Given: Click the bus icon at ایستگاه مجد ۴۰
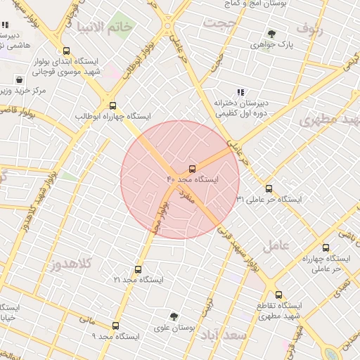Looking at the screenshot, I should pos(192,169).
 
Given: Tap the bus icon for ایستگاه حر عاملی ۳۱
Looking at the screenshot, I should pos(269,188).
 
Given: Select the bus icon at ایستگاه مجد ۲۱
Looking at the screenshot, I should pos(137,269).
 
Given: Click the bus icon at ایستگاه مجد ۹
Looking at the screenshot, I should pos(116,326).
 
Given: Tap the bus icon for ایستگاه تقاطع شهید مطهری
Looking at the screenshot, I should pos(279,295).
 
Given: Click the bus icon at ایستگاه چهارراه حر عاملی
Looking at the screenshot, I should pos(326,247).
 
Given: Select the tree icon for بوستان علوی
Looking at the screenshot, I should pos(174,316).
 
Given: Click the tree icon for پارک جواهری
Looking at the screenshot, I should pos(271,33).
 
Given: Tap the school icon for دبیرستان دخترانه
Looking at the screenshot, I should pos(240,92).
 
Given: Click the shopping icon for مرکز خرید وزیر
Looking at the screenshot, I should pos(18,79).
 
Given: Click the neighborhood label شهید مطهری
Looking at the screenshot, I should pos(328,120).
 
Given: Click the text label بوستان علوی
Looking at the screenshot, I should pos(174,328).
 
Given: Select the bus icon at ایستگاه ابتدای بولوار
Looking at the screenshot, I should pos(66,51).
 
